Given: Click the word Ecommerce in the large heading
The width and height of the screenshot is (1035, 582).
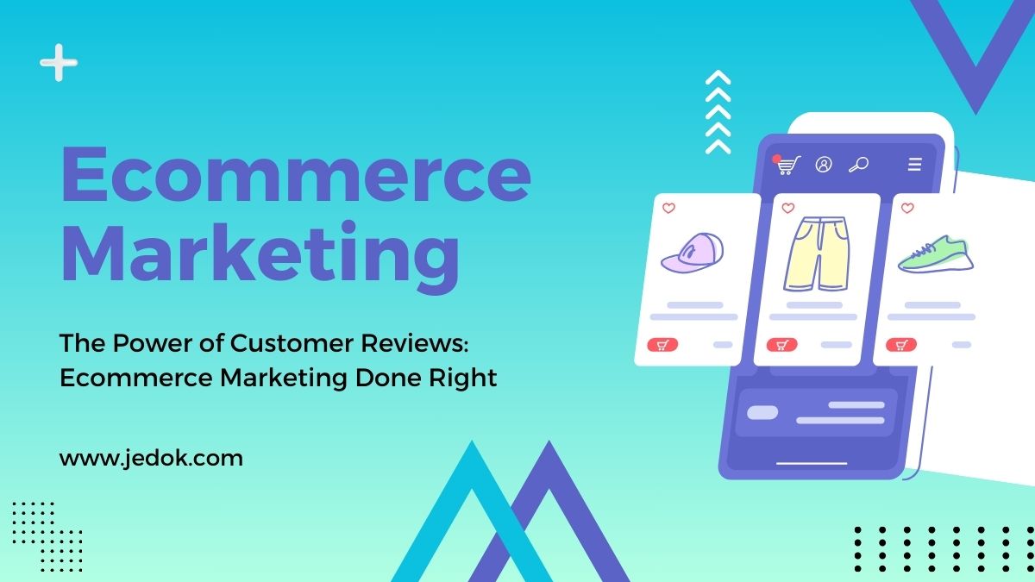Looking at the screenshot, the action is tap(296, 174).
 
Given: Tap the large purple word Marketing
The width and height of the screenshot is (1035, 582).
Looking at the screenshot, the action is tap(260, 256).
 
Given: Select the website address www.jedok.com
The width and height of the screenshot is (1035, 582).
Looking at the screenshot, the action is tap(151, 459).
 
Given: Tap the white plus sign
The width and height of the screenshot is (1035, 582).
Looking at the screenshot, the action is tap(59, 62).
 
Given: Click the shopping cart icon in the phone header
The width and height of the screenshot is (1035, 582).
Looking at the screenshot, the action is tap(787, 165).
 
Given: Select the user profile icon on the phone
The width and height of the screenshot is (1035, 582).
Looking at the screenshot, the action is tap(824, 165).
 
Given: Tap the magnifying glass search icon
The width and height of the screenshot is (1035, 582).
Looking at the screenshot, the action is tap(859, 165).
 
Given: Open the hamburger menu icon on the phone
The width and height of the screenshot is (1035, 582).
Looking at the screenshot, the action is tap(915, 165).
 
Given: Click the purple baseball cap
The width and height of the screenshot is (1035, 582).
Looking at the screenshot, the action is tap(692, 253).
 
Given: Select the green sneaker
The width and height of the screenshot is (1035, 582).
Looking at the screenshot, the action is tap(936, 254).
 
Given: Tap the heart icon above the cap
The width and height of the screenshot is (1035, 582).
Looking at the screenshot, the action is tap(668, 209).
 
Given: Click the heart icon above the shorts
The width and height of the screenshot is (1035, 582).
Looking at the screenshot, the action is tap(788, 209).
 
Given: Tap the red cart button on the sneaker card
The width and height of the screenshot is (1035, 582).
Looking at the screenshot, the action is tap(901, 345).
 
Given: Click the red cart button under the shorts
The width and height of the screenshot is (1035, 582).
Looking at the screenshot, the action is tap(781, 345).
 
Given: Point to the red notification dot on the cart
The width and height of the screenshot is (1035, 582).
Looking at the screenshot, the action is tap(776, 159).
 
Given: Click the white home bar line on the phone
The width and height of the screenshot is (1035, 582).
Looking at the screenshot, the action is tap(812, 463).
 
